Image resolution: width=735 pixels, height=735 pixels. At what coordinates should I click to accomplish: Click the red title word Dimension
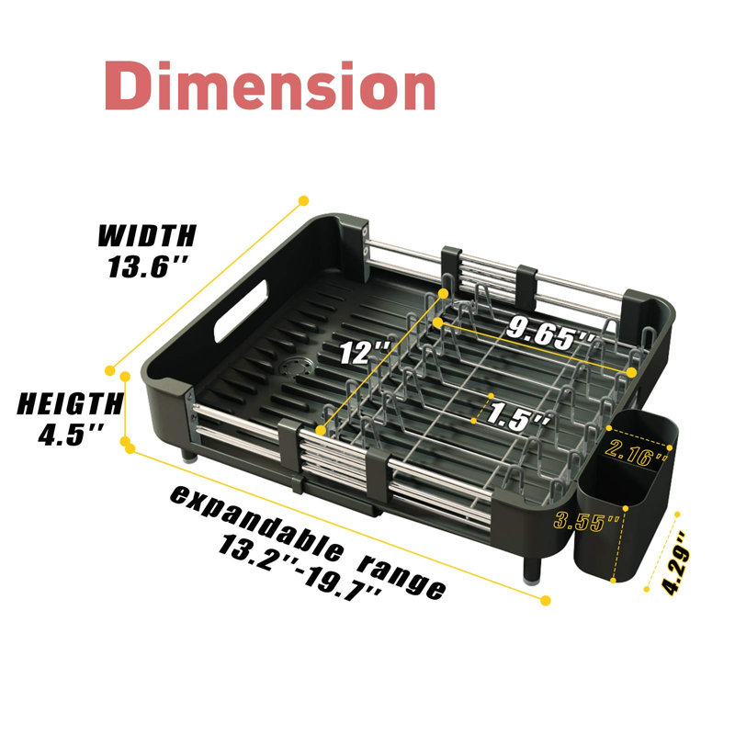point(270,85)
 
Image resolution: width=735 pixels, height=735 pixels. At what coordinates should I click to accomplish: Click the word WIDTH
point(147,236)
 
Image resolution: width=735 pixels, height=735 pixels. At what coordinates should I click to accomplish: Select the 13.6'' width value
point(148,266)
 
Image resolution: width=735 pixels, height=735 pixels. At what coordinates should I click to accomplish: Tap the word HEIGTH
point(71,403)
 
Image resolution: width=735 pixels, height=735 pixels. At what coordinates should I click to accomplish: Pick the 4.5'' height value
point(71,435)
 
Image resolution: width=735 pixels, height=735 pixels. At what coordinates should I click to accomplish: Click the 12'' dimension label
point(365,352)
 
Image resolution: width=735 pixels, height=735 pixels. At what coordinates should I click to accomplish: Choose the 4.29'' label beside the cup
point(676,563)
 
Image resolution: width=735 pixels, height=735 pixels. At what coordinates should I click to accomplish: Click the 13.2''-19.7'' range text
point(301,567)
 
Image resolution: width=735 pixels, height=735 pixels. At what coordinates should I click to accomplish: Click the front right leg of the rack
point(533,568)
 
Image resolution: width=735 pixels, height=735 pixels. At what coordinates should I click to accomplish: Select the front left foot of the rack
point(189,455)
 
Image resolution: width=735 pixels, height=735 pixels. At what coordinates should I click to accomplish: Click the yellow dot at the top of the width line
point(304,200)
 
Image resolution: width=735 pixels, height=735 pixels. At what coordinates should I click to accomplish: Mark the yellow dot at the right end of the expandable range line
point(545,601)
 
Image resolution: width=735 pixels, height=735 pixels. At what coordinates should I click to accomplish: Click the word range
point(401,577)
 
